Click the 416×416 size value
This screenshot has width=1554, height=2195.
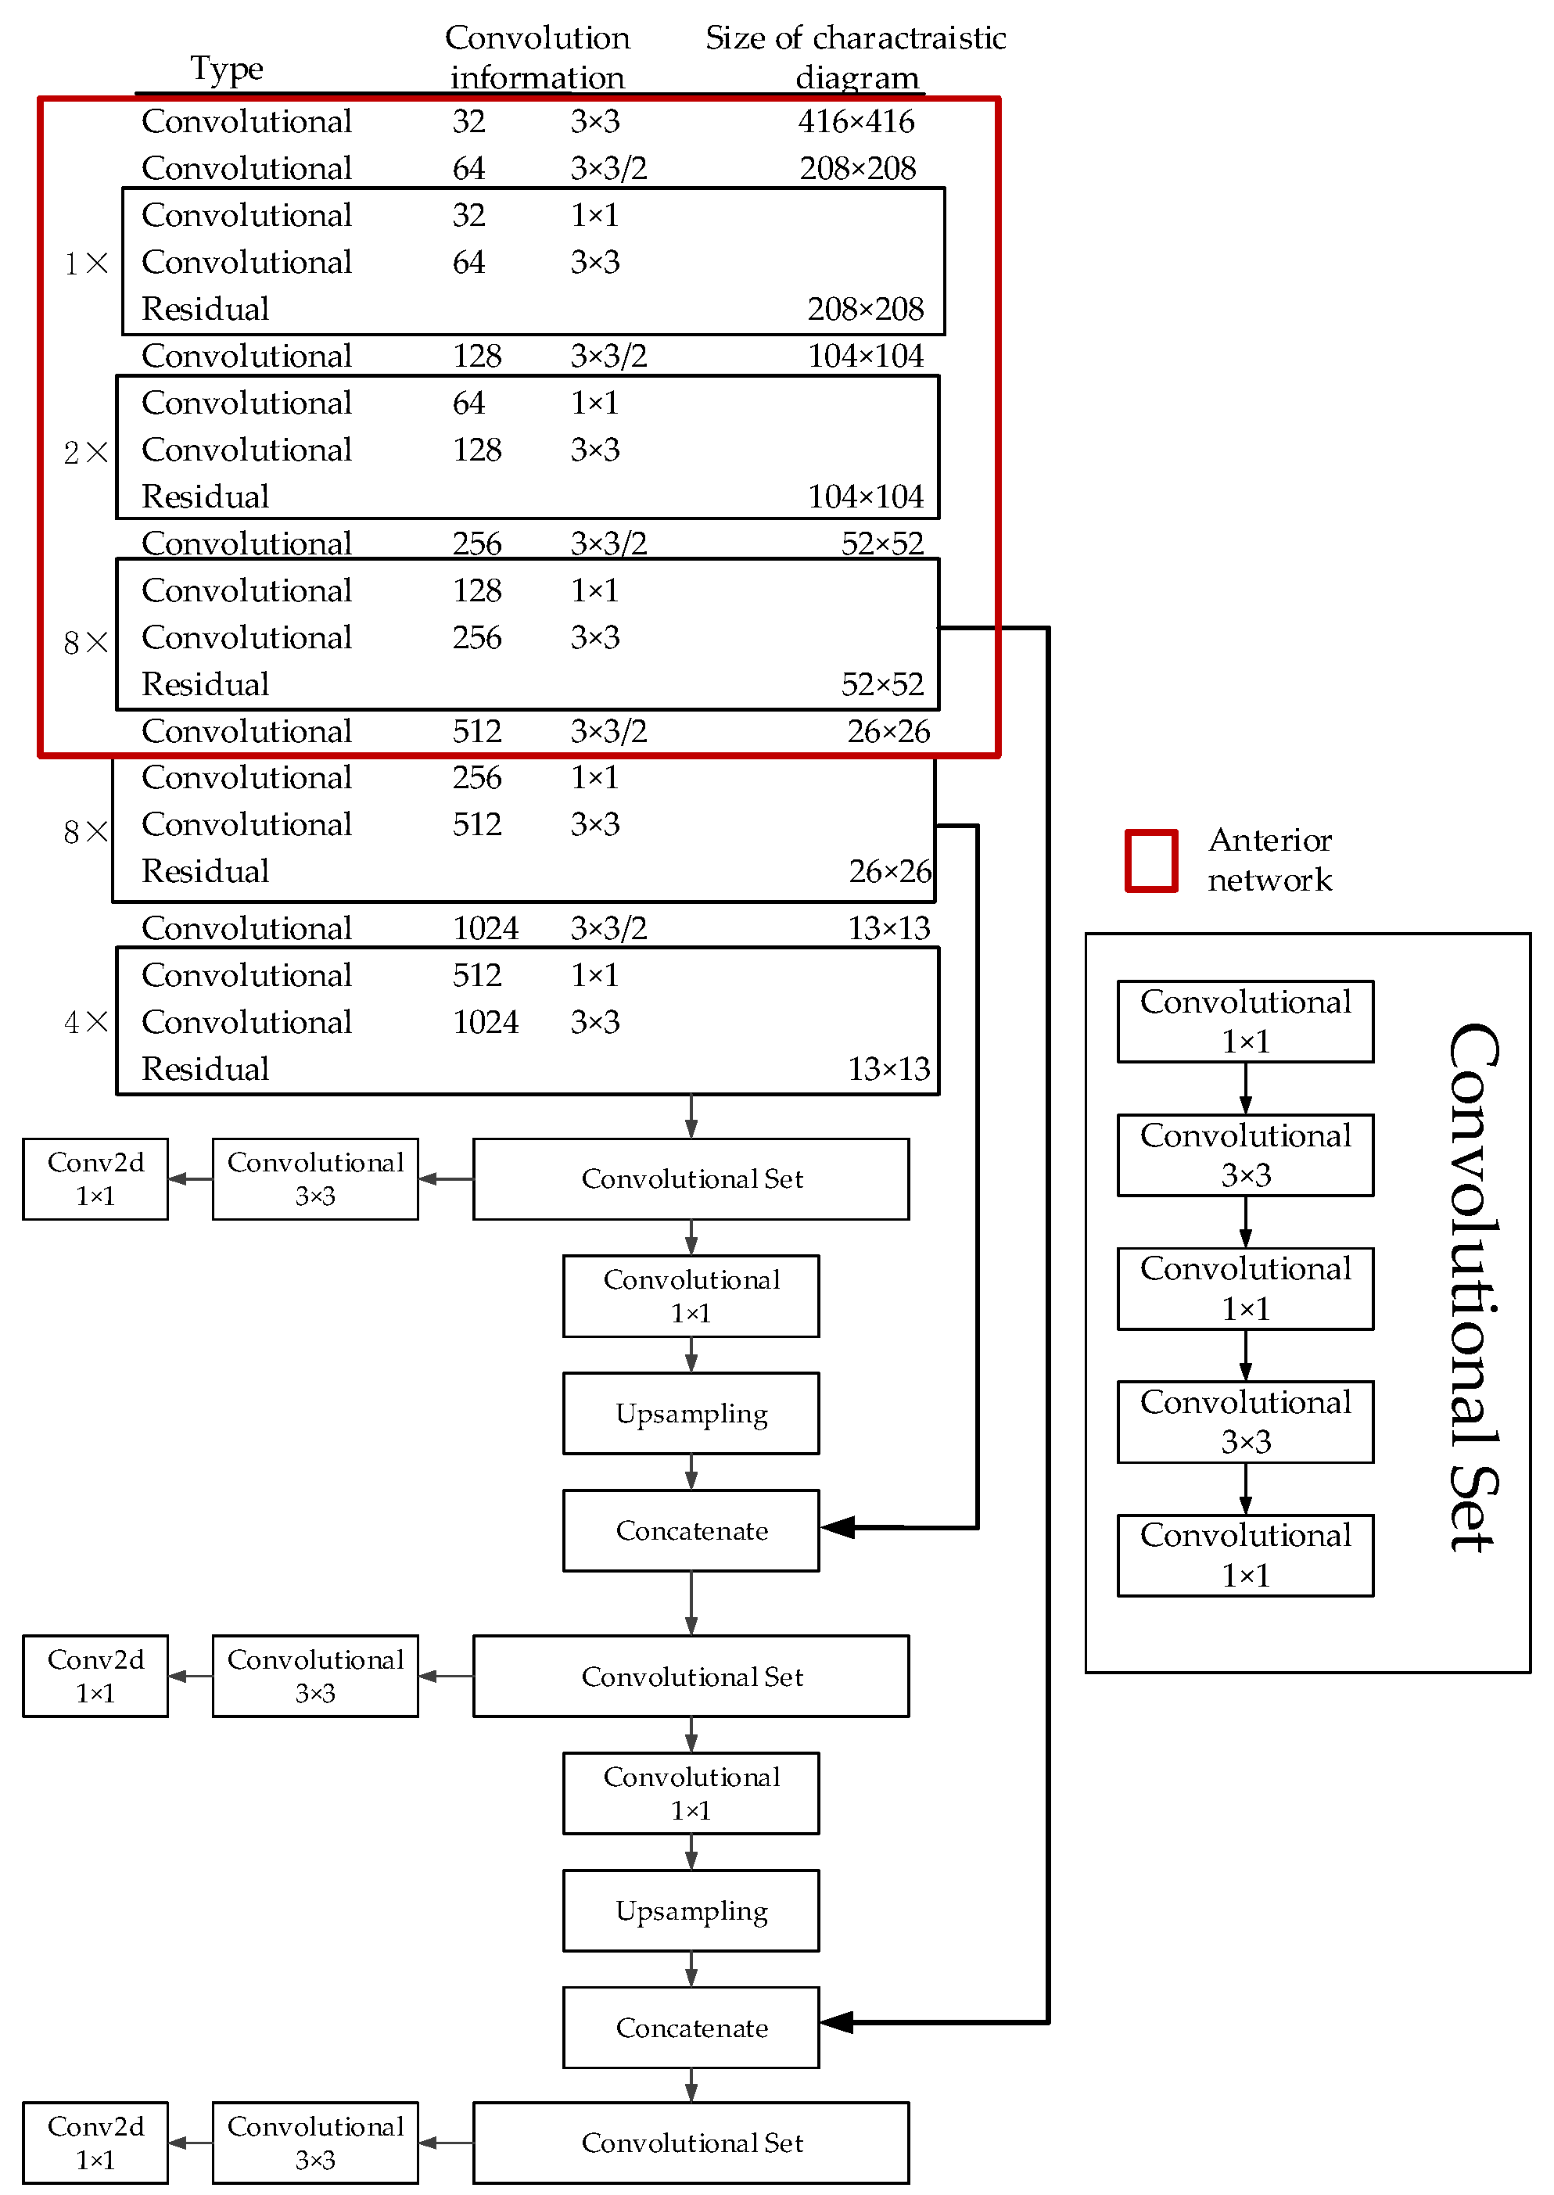pos(856,121)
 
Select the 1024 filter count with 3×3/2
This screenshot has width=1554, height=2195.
pos(485,927)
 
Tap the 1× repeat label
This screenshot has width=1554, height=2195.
pos(85,263)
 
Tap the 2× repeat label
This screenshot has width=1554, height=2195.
pos(85,452)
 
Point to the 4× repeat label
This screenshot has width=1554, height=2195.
pos(85,1022)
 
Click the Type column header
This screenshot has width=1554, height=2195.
pos(226,68)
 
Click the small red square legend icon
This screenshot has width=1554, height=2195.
pos(1150,860)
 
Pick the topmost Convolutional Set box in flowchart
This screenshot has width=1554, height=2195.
pos(691,1179)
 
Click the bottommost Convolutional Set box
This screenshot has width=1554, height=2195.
pos(691,2143)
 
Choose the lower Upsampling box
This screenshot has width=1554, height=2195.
pos(691,1911)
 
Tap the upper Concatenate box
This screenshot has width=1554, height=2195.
pos(691,1530)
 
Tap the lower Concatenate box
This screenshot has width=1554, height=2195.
pos(691,2028)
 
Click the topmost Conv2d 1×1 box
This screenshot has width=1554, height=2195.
pos(95,1179)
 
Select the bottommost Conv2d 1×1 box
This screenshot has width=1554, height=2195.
pos(95,2143)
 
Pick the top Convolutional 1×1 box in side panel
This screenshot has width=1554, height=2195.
pos(1245,1021)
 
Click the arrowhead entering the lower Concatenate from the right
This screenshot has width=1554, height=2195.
pos(838,2022)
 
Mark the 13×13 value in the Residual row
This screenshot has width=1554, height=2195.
pos(888,1069)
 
